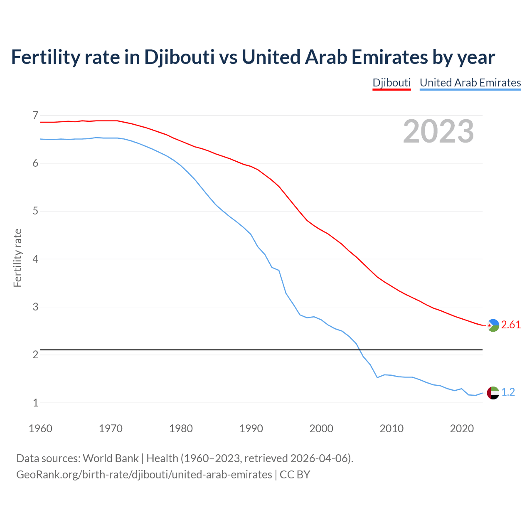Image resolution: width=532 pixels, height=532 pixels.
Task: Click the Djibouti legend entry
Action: coord(392,83)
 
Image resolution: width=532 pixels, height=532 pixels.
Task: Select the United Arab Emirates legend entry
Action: coord(470,83)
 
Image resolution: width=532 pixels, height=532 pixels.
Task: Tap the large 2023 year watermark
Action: coord(438,131)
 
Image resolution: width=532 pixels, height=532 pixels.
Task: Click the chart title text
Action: coord(253,57)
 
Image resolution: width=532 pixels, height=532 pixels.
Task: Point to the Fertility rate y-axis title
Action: coord(17,258)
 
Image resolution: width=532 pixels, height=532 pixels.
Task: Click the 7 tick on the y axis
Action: coord(35,115)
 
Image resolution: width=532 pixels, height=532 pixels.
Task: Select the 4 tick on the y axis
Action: coord(35,259)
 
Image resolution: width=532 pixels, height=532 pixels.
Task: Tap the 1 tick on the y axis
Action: coord(35,403)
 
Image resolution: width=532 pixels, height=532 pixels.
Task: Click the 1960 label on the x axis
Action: coord(40,429)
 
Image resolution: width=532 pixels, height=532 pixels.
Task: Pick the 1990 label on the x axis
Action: coord(251,429)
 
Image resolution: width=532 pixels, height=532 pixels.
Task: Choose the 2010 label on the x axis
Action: coord(392,429)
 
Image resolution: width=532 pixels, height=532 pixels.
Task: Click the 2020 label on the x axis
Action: coord(462,429)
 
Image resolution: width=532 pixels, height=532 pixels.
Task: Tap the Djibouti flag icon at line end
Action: coord(493,325)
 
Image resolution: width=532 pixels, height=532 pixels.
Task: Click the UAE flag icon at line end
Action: coord(493,392)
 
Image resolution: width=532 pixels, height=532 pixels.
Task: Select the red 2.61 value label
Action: coord(511,325)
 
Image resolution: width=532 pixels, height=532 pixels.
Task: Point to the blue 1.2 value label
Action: coord(508,392)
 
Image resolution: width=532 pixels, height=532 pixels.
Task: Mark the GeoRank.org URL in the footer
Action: coord(144,475)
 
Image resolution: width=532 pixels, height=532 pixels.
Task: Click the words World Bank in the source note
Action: coord(111,458)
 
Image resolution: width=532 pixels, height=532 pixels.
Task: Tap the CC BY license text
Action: coord(295,475)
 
